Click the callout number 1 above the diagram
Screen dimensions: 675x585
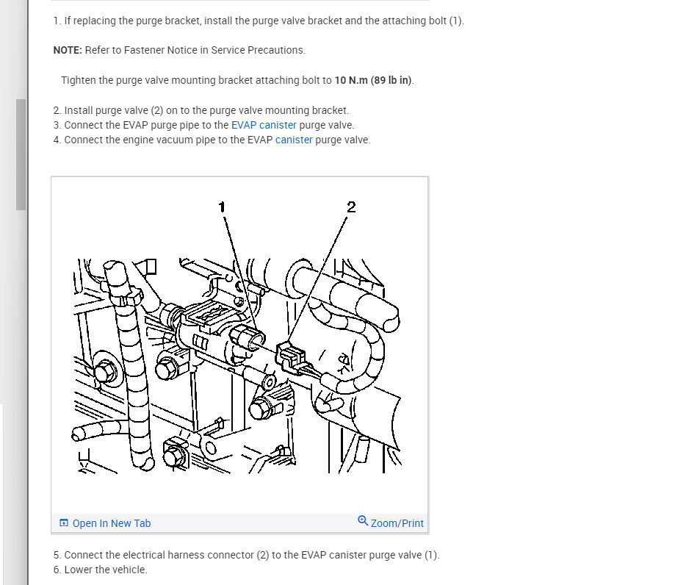pyautogui.click(x=222, y=207)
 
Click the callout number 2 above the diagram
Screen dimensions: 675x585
pyautogui.click(x=351, y=207)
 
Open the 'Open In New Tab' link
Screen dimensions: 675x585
pyautogui.click(x=112, y=523)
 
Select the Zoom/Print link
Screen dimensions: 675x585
pyautogui.click(x=397, y=523)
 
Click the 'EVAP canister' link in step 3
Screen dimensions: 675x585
pyautogui.click(x=264, y=125)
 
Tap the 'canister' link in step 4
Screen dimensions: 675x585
pyautogui.click(x=294, y=140)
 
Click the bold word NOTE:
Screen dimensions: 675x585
pyautogui.click(x=68, y=50)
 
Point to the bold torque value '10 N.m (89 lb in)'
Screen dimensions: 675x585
pyautogui.click(x=373, y=80)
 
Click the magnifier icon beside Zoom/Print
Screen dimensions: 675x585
pyautogui.click(x=363, y=521)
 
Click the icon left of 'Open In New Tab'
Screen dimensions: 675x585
pyautogui.click(x=64, y=523)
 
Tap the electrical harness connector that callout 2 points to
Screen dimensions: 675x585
pyautogui.click(x=292, y=356)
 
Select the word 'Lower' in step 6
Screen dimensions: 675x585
pyautogui.click(x=77, y=570)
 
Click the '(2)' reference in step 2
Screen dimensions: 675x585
pyautogui.click(x=157, y=110)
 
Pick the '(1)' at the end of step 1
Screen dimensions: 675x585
pyautogui.click(x=455, y=21)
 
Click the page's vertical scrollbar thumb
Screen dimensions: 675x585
pyautogui.click(x=21, y=154)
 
